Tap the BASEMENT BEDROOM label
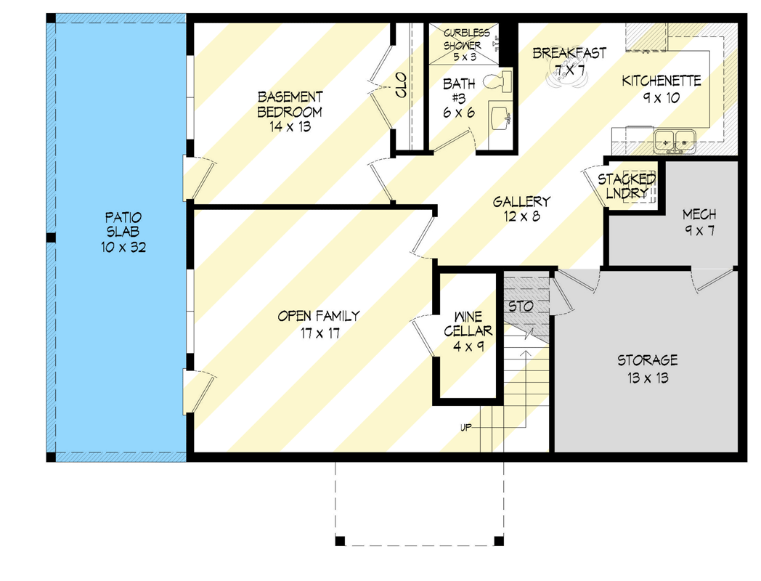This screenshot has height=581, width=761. [x=290, y=104]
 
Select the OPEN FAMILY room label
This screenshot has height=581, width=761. [x=319, y=316]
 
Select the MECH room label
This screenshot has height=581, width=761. [x=699, y=214]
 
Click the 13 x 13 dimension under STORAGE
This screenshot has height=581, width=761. [x=648, y=378]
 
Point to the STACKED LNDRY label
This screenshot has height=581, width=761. [x=626, y=186]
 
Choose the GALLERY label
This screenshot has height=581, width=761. [x=521, y=202]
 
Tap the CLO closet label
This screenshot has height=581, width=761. [x=401, y=86]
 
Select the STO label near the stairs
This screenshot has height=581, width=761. [x=520, y=306]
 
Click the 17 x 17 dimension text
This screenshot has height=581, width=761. [x=319, y=333]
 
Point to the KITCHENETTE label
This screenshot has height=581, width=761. [x=661, y=81]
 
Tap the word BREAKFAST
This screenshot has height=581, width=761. [x=569, y=53]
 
